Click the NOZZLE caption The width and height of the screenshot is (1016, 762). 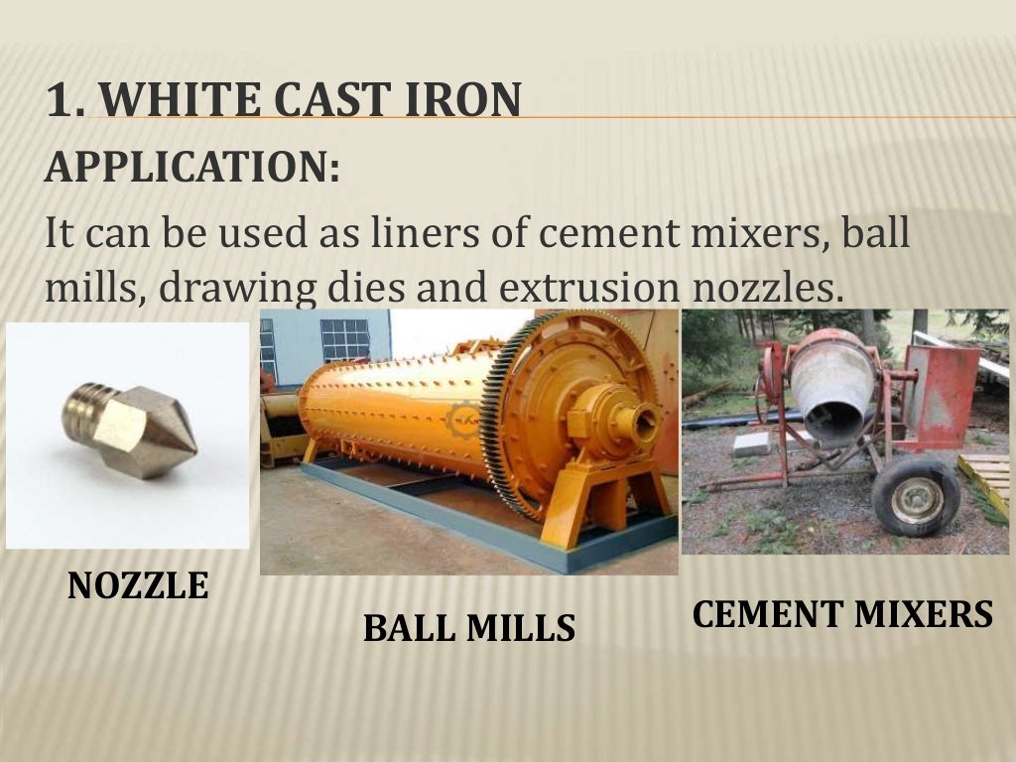138,585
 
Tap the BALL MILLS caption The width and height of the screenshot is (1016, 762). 468,627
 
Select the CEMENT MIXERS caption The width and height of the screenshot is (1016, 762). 842,614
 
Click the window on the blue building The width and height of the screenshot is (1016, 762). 343,339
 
